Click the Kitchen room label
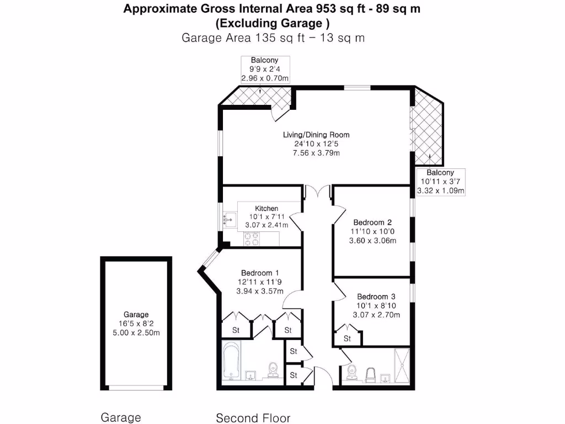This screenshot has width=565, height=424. (x=266, y=208)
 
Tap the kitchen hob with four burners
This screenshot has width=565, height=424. (x=253, y=239)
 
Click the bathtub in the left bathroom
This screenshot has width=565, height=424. (x=231, y=361)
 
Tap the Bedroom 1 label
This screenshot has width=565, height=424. (x=259, y=273)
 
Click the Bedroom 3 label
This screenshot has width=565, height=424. (x=376, y=296)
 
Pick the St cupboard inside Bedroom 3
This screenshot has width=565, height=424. (x=347, y=338)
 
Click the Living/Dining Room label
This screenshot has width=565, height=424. (x=316, y=135)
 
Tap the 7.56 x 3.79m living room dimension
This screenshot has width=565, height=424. (x=316, y=153)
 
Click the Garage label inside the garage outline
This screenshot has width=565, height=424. (x=136, y=315)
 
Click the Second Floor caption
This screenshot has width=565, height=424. (x=253, y=418)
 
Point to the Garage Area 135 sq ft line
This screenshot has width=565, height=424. (x=273, y=38)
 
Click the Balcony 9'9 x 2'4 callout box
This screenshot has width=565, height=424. (x=265, y=69)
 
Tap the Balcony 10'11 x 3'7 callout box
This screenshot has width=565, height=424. (x=440, y=182)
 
